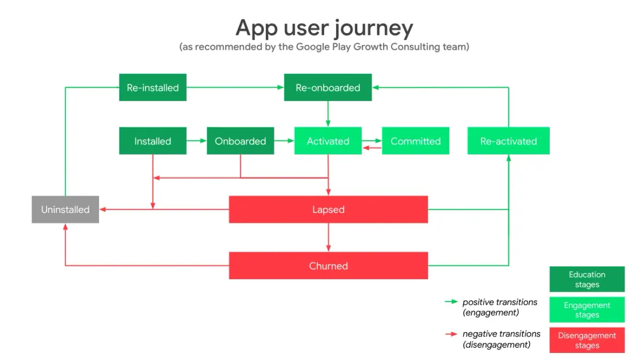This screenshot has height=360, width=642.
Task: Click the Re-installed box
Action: click(x=153, y=87)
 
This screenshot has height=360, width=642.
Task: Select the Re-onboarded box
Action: click(x=328, y=87)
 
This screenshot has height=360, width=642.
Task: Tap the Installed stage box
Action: click(x=153, y=141)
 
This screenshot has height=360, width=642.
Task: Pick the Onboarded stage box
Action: click(x=240, y=141)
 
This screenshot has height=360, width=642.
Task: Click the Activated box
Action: click(x=328, y=141)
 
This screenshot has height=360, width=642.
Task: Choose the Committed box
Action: click(x=416, y=141)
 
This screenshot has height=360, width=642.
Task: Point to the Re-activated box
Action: click(x=508, y=141)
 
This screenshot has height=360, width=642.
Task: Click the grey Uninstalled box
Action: click(x=65, y=210)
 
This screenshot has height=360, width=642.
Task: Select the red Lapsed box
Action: click(x=328, y=210)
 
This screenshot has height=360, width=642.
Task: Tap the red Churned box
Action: click(x=328, y=266)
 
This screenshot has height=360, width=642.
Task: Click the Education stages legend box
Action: click(x=587, y=279)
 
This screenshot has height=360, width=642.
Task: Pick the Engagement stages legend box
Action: click(x=587, y=310)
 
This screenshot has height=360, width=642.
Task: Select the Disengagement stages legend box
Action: click(x=587, y=340)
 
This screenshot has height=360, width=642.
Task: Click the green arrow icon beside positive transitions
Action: click(x=451, y=302)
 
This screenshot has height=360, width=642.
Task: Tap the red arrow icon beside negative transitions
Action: click(x=451, y=334)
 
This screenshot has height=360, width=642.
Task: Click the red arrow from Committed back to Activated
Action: click(x=372, y=148)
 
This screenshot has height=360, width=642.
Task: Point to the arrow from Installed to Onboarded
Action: click(x=197, y=141)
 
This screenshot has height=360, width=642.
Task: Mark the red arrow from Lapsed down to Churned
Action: click(x=328, y=238)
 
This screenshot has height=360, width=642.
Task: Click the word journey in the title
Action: click(x=374, y=29)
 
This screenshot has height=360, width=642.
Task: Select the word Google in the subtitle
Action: click(x=312, y=47)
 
